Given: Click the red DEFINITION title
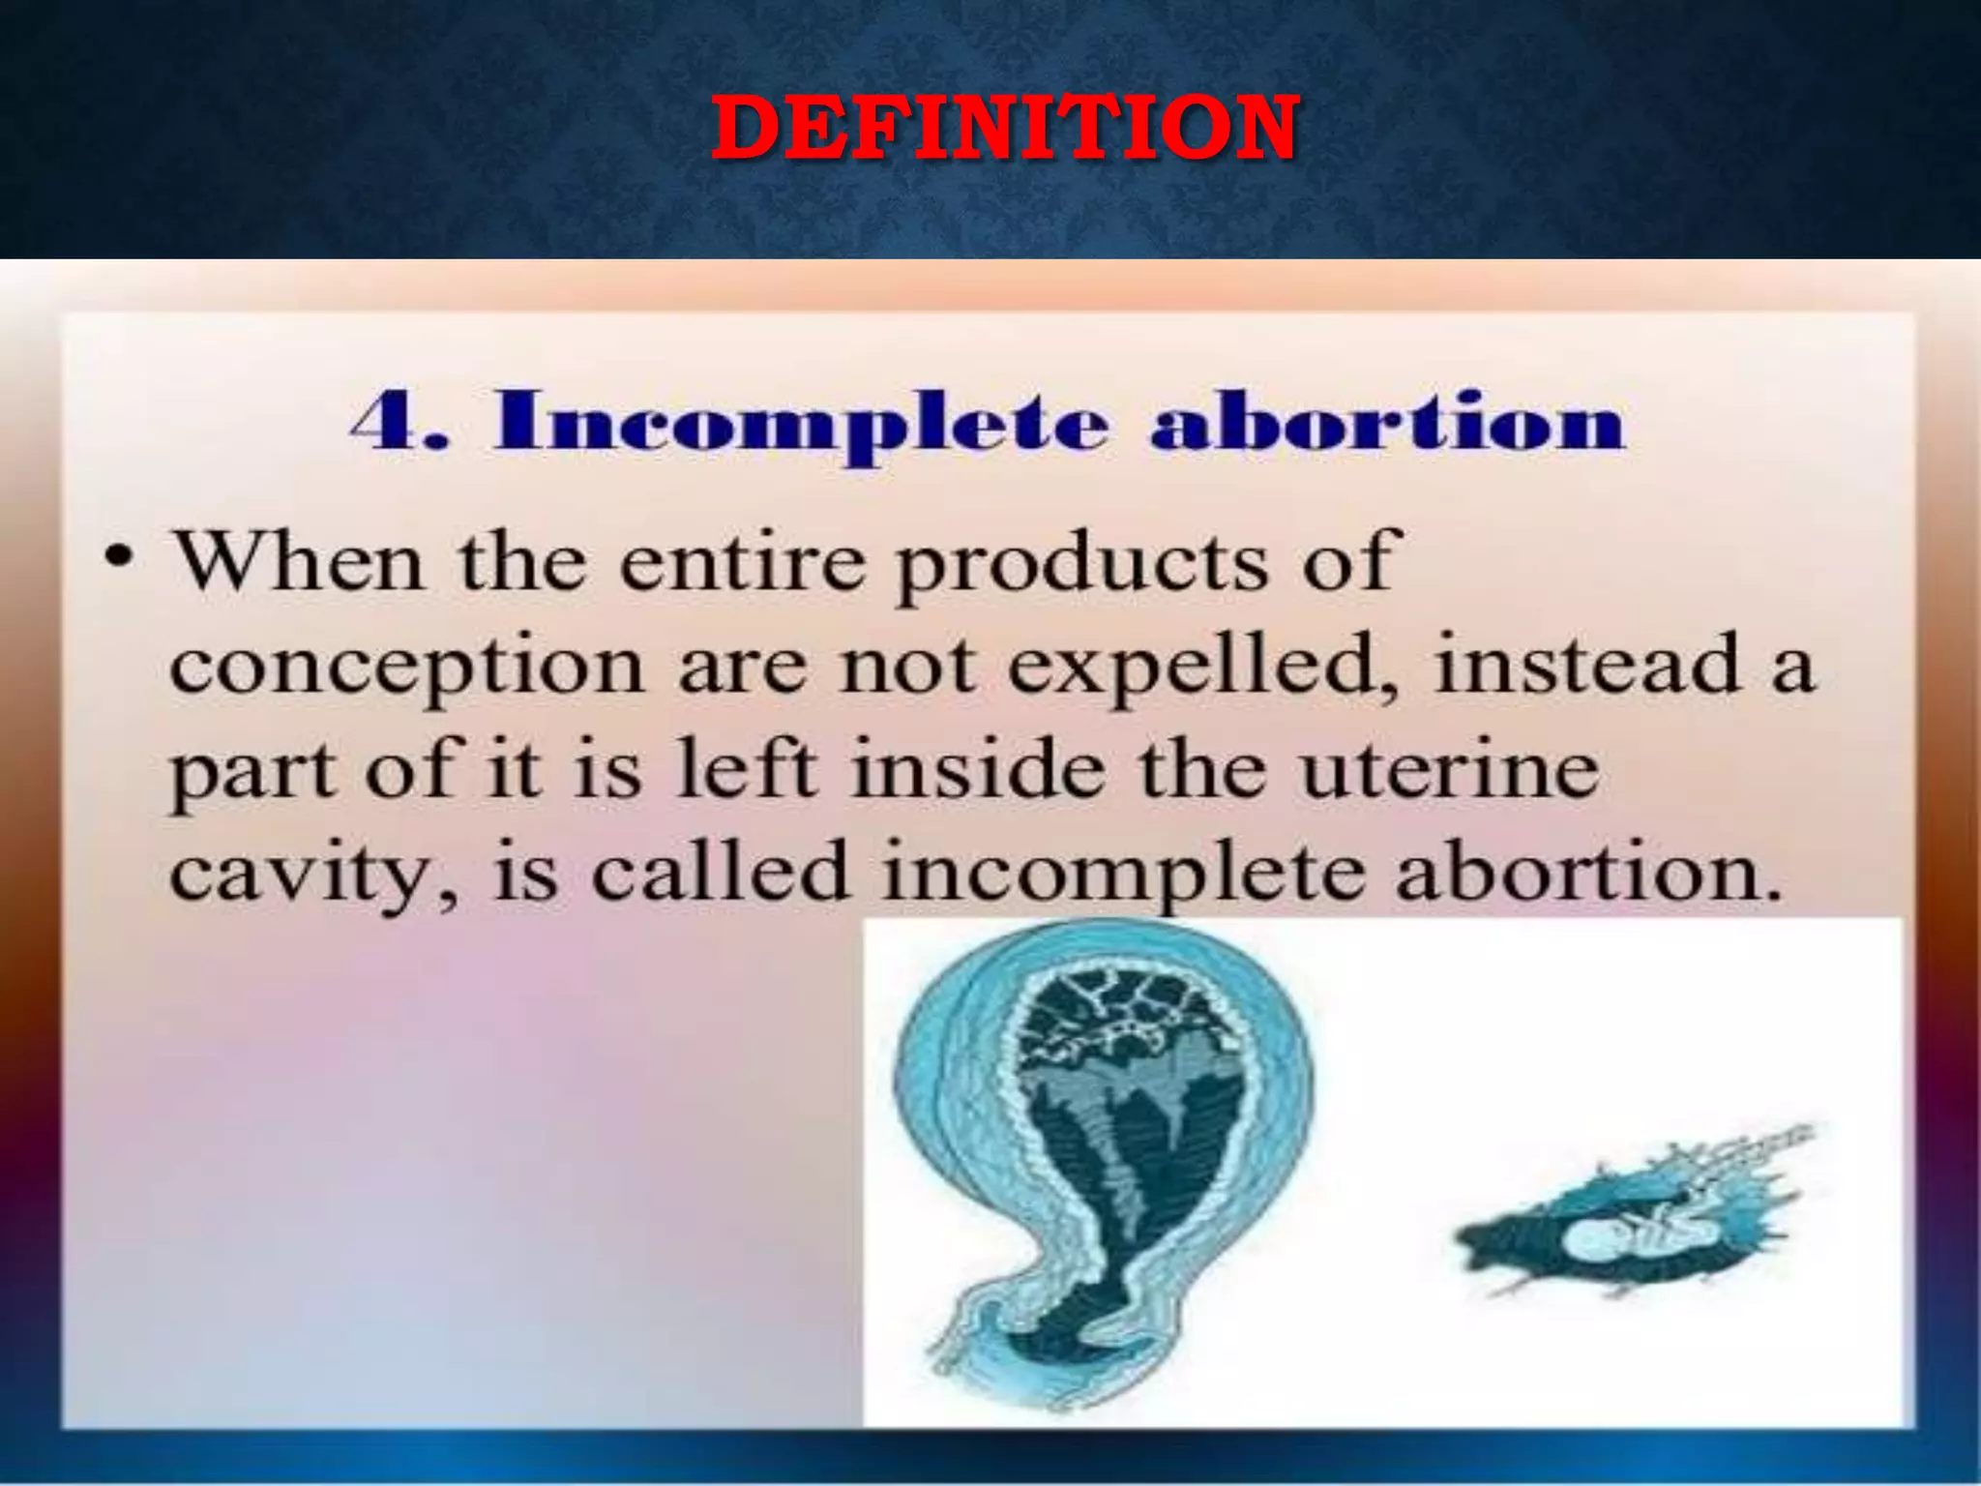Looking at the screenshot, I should (x=1004, y=128).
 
